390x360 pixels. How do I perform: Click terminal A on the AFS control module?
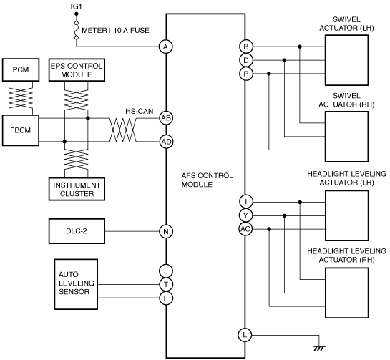click(165, 47)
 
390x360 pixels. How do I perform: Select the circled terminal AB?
click(166, 118)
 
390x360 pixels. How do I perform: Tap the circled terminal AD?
click(166, 142)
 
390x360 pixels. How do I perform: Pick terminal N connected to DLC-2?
click(166, 232)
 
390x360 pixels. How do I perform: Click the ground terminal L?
click(245, 335)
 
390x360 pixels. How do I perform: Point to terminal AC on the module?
click(245, 229)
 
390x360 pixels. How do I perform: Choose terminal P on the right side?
click(246, 74)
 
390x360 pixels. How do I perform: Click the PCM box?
click(21, 69)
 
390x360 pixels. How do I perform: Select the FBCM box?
click(21, 130)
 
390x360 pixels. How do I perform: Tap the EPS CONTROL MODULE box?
click(77, 70)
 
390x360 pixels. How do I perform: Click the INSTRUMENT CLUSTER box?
click(77, 189)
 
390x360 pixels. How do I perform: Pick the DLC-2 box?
click(77, 231)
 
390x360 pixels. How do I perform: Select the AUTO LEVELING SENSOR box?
click(76, 284)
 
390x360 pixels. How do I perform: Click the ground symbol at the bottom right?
click(319, 348)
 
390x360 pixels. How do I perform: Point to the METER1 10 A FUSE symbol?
click(77, 30)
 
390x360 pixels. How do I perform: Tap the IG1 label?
click(76, 6)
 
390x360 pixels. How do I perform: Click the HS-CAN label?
click(140, 111)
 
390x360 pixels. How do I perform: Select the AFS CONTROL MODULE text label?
click(208, 180)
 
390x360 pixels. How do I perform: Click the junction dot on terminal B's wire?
click(300, 47)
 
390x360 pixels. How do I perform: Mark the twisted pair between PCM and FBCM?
click(21, 98)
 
